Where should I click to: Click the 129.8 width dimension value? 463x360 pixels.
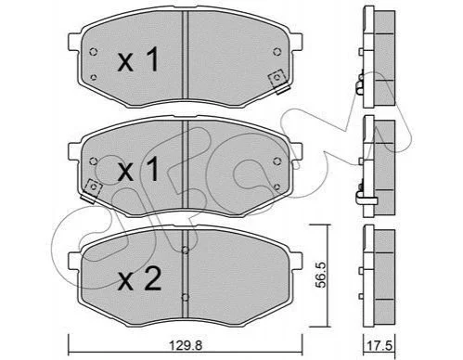point(186,344)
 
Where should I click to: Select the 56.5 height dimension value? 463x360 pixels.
point(321,275)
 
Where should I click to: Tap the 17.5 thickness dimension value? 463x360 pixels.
point(379,345)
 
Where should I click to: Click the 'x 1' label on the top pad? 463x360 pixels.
point(138,59)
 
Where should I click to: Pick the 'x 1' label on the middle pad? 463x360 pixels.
point(138,169)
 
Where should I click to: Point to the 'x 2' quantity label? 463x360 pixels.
point(139,278)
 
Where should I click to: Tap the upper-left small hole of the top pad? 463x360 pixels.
point(93,52)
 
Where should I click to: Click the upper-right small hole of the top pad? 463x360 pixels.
point(277,52)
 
